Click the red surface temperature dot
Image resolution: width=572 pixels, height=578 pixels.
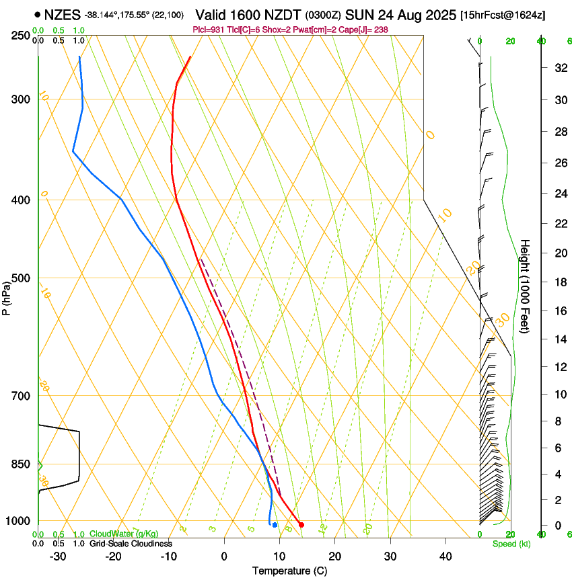tap(301, 524)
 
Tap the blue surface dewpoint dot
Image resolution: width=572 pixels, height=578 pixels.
tap(275, 524)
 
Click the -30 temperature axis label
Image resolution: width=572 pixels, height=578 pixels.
tap(58, 556)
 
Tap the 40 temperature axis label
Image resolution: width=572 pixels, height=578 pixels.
tap(445, 556)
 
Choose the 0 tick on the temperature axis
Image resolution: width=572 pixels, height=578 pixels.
tap(224, 556)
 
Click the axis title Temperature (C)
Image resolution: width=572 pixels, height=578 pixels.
tap(289, 571)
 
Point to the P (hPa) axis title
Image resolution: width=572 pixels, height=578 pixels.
tap(6, 296)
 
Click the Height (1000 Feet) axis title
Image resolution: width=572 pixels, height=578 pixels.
tap(526, 286)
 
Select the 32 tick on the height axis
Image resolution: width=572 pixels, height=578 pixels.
tap(559, 68)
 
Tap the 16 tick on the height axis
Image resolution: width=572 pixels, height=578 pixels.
tap(559, 311)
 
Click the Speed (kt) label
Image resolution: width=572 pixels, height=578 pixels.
tap(511, 544)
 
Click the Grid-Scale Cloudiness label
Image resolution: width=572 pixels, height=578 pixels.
tap(131, 544)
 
